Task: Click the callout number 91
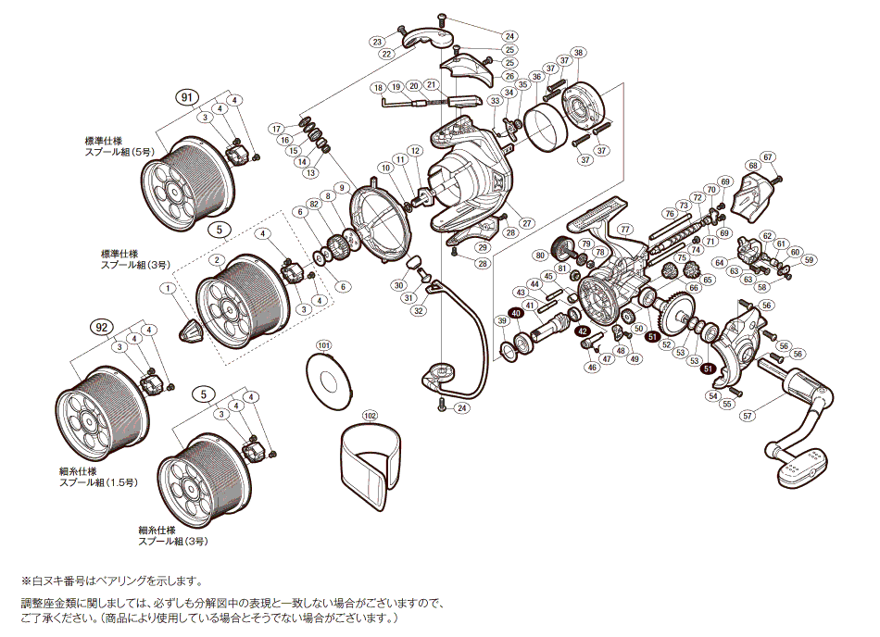point(187,95)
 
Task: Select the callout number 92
point(101,327)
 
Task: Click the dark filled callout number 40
point(517,313)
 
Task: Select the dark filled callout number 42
point(582,331)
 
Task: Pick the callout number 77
point(625,229)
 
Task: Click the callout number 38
point(578,52)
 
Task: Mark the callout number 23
point(377,42)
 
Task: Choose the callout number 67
point(767,156)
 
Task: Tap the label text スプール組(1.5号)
point(98,482)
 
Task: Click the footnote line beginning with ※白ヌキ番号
point(111,581)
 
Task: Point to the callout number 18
point(378,87)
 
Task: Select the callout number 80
point(540,255)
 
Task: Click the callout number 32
point(420,311)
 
